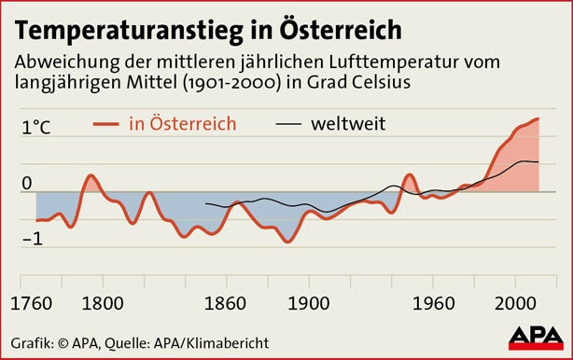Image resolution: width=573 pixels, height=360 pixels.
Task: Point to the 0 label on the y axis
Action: coord(27,183)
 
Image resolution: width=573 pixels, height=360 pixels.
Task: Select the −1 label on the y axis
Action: coord(33,239)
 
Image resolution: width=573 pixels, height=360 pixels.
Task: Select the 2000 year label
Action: coord(513,303)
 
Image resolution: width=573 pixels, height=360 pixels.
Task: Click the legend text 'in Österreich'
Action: coord(182,123)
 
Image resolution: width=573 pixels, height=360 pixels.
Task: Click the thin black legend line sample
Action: coord(289,124)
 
